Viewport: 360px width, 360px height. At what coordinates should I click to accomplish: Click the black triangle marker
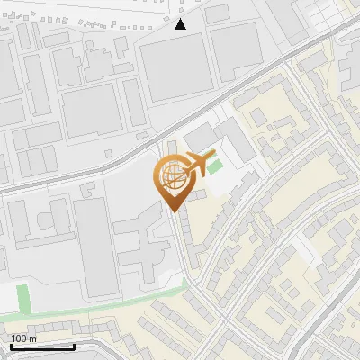[x=181, y=24]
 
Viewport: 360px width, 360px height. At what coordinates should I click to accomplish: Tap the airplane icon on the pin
[x=199, y=164]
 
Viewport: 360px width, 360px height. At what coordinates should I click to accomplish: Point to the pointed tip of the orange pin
[x=172, y=209]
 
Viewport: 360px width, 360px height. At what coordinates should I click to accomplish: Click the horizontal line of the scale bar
[x=42, y=346]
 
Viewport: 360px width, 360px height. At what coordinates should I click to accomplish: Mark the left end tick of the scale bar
[x=11, y=345]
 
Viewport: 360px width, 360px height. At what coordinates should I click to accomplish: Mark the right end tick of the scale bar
[x=74, y=345]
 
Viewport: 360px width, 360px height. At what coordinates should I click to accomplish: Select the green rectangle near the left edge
[x=22, y=297]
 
